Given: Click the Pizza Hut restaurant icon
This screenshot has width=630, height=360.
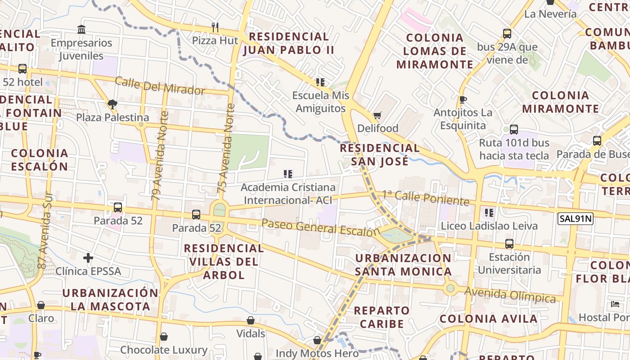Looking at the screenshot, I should point(215,27).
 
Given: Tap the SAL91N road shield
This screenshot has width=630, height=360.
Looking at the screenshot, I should point(576,219).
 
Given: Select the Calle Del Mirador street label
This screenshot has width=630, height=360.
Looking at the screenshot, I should point(160,86).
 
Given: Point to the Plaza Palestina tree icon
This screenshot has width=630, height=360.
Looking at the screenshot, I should point(112,104).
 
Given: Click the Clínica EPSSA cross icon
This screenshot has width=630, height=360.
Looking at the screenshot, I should point(88,258).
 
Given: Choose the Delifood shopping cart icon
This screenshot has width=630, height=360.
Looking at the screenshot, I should point(378,116).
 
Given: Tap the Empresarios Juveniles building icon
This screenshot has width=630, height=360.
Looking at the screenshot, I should point(81,30).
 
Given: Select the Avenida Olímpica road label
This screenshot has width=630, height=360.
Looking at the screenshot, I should point(510,295).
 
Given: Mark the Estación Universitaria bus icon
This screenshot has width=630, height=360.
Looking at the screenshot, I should point(509,244).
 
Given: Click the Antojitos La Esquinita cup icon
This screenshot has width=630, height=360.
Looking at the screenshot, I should point(463,99).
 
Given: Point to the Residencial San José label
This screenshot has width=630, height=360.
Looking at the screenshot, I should point(379,154).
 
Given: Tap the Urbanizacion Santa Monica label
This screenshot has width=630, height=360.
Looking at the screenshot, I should point(403,265).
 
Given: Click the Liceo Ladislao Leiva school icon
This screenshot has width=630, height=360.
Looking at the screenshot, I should point(489,212).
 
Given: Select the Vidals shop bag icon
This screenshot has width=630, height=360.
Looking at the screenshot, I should point(251,320).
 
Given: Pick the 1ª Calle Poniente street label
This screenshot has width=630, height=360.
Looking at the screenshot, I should point(425,198).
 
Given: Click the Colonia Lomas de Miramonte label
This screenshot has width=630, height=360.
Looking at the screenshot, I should point(435,51).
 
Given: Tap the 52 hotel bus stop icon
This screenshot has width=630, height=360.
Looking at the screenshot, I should point(22,69).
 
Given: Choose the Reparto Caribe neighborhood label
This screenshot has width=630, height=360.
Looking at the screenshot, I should point(382,317).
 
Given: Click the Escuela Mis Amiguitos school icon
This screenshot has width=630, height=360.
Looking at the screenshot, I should point(320,82).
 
